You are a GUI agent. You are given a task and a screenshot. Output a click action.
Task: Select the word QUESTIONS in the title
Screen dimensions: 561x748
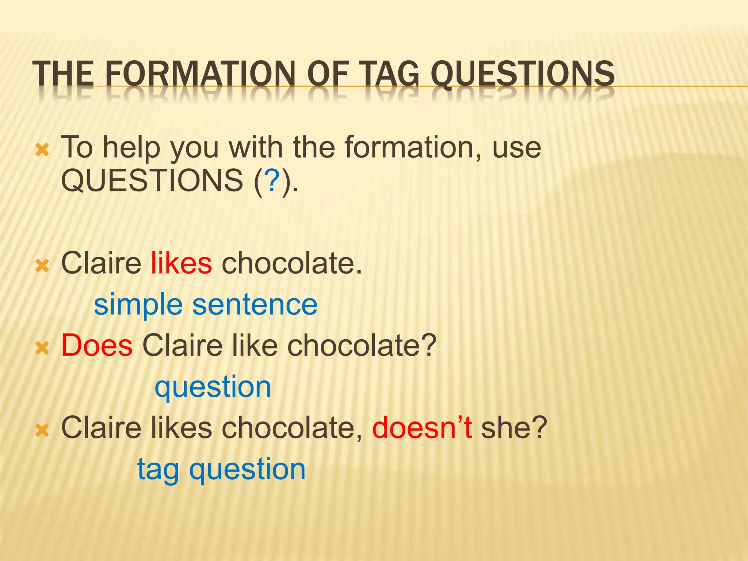(523, 75)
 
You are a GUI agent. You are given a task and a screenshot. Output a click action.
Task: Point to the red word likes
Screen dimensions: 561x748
(181, 263)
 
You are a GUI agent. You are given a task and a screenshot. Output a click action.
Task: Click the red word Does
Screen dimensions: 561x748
(97, 345)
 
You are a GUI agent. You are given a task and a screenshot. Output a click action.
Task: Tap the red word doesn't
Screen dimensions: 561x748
(422, 427)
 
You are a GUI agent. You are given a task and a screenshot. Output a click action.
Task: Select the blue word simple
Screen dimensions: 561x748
(138, 305)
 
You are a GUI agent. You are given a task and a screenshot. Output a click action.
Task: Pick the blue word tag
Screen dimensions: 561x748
(158, 470)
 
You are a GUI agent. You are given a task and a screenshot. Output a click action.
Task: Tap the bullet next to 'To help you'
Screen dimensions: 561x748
(42, 149)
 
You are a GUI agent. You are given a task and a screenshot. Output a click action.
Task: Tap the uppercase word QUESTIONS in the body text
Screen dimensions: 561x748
(152, 180)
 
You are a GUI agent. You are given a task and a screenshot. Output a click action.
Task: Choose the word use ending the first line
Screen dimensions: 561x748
(516, 148)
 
